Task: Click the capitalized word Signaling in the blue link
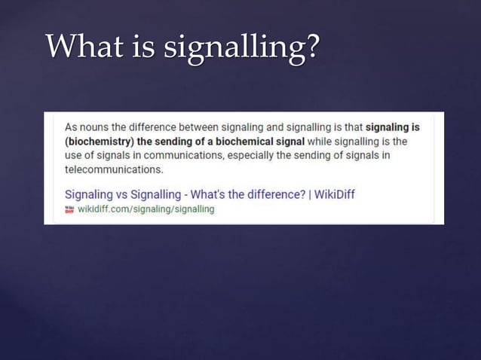pyautogui.click(x=93, y=194)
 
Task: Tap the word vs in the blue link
pyautogui.click(x=131, y=194)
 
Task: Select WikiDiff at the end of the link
pyautogui.click(x=334, y=194)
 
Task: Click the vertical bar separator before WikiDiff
pyautogui.click(x=308, y=194)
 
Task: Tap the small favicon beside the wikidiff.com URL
pyautogui.click(x=70, y=209)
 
